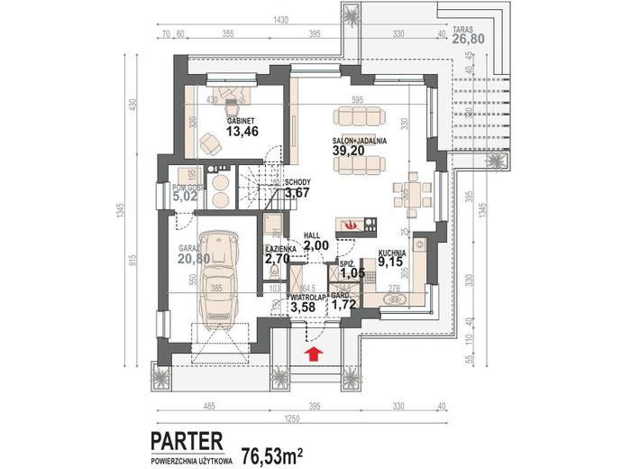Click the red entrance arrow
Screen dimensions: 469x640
pos(315,354)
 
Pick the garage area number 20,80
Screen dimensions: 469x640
pos(194,260)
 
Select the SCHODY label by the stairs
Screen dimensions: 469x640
pos(298,180)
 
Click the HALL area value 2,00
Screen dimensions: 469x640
pos(315,244)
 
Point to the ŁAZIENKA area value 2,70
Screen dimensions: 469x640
pos(278,259)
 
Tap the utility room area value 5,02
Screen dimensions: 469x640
pos(186,192)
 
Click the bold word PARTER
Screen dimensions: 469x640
pos(187,440)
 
